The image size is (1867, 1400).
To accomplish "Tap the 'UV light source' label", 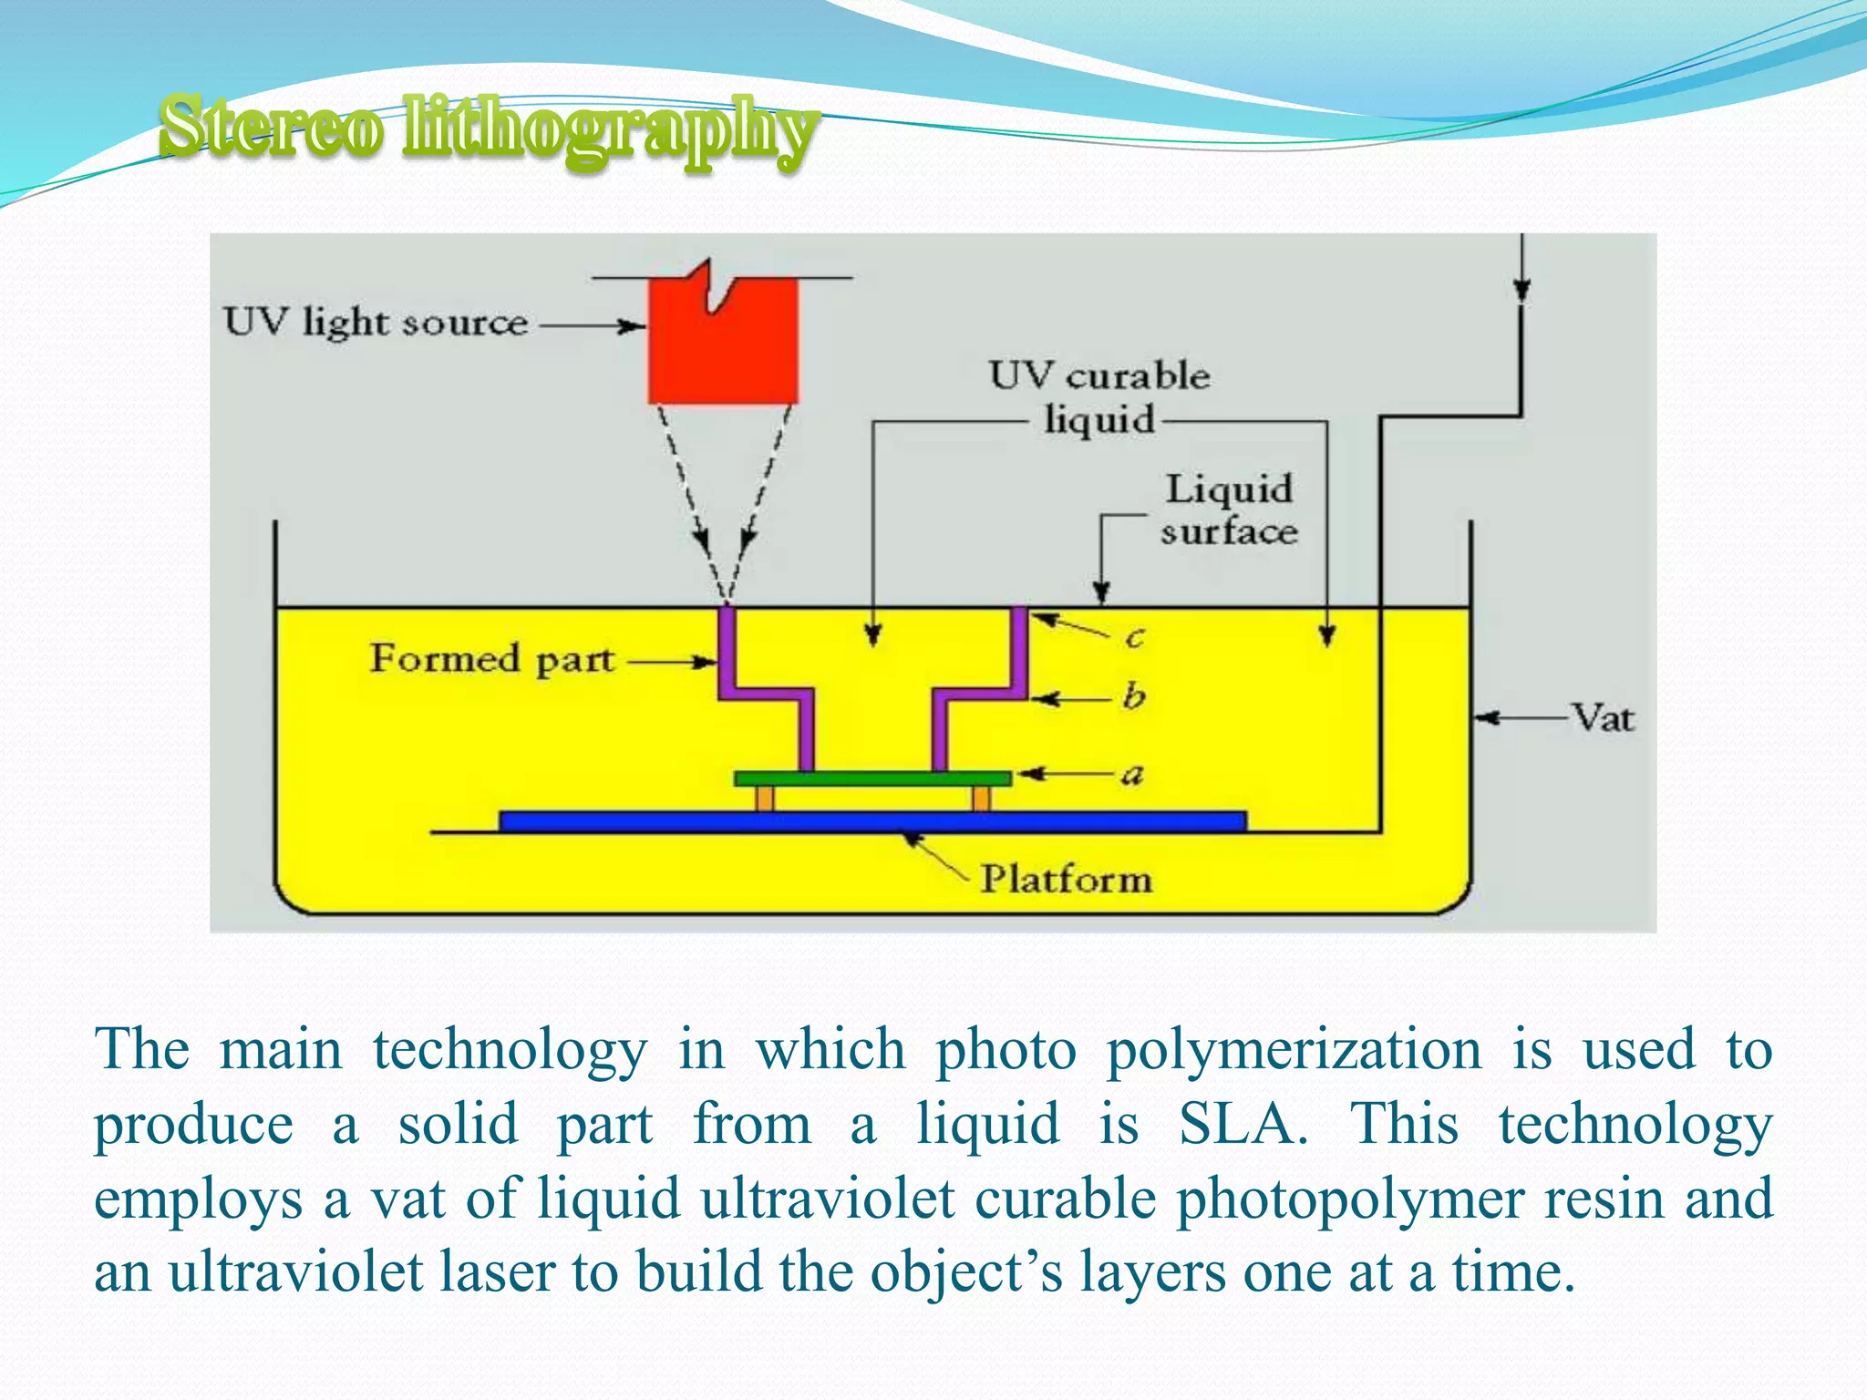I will pos(376,323).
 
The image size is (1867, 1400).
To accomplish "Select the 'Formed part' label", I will pos(492,659).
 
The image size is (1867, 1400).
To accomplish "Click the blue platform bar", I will pos(872,821).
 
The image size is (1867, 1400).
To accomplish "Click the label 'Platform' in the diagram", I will pos(1066,880).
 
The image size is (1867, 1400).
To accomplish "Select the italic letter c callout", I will pos(1134,637).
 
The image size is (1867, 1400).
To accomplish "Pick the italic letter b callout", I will pos(1133,696).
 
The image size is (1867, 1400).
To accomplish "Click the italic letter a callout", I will pos(1131,776).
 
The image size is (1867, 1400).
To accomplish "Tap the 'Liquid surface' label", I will pos(1229,510).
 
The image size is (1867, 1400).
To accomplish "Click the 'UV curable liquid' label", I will pos(1099,397).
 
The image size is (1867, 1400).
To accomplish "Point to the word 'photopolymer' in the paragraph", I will pos(1349,1199).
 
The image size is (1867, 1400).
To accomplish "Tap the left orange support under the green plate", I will pos(765,798).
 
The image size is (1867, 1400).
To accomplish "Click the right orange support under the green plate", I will pos(981,798).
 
